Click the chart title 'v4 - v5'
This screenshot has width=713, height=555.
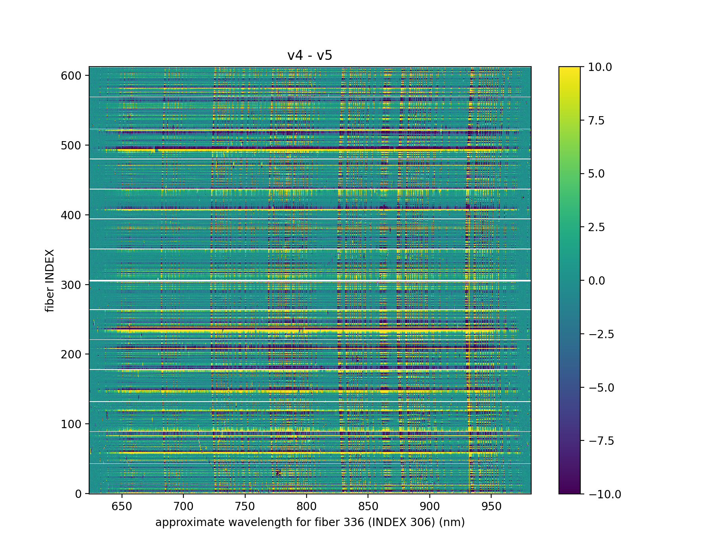click(310, 55)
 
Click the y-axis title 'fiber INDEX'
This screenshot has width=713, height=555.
click(50, 281)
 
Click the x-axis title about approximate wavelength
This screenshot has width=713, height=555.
click(310, 522)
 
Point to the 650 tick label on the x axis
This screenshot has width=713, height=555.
click(122, 506)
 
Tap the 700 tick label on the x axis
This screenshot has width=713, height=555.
click(183, 506)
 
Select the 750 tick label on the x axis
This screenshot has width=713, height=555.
click(245, 506)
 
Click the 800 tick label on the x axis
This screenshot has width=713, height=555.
click(307, 506)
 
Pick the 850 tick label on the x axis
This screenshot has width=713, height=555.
click(368, 506)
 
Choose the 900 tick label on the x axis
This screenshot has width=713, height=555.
click(430, 506)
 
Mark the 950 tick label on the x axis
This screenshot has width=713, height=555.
click(491, 506)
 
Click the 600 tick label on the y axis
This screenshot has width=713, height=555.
click(71, 76)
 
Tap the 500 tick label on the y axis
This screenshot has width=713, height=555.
click(71, 145)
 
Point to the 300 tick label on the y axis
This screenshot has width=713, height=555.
click(71, 285)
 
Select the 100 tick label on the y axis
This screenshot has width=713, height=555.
click(71, 424)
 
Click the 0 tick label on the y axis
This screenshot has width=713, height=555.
click(78, 494)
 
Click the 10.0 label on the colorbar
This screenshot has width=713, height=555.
click(600, 67)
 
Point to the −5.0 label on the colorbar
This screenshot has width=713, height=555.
click(601, 387)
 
